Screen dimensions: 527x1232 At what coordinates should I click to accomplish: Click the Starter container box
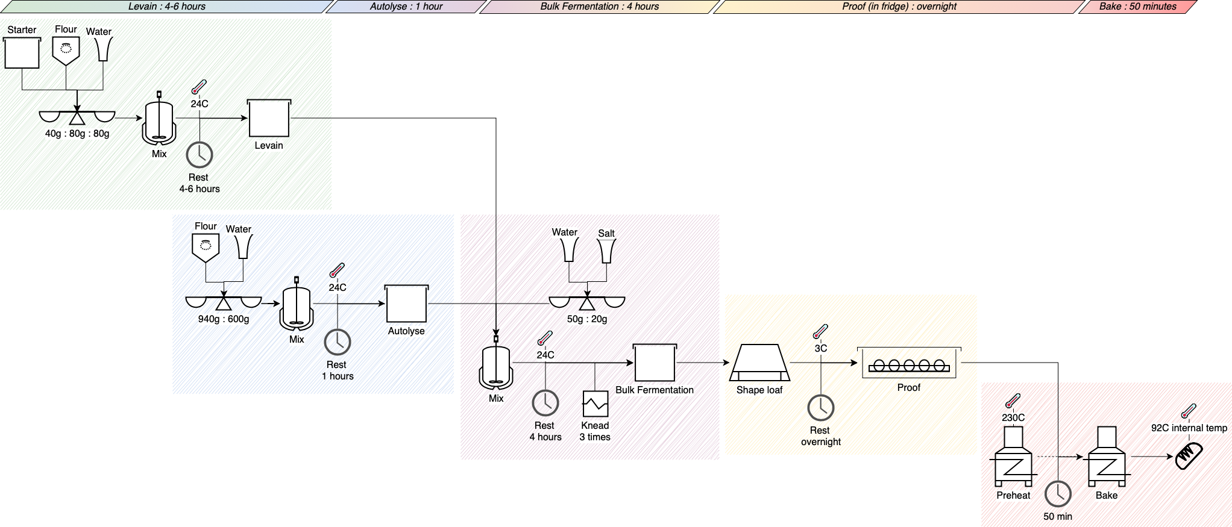22,53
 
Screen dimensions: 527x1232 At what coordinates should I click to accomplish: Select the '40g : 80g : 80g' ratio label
77,134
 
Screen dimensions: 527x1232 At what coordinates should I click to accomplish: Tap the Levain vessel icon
269,119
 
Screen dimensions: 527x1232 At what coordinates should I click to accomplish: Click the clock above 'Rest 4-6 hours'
200,155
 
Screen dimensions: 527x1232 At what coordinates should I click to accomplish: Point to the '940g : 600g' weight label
224,319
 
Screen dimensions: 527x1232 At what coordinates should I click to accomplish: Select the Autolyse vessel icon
406,304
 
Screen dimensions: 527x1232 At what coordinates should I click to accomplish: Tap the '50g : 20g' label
587,319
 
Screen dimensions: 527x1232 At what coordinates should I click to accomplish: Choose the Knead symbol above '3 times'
595,404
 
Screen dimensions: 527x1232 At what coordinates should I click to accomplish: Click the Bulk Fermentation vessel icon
655,363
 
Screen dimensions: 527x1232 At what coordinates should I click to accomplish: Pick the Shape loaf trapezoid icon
759,363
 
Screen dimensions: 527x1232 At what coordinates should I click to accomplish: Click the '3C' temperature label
821,349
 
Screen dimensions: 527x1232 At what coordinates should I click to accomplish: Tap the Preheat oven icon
1013,457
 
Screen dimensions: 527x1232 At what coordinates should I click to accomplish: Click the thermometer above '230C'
1013,401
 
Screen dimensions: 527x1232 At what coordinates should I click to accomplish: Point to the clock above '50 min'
1058,494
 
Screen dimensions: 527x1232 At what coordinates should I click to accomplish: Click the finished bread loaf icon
1189,456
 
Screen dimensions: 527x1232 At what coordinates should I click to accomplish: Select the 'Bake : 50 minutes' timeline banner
1137,7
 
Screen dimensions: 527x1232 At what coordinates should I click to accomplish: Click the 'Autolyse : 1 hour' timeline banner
406,7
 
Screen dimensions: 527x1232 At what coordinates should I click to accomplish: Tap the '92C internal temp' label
1189,428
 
